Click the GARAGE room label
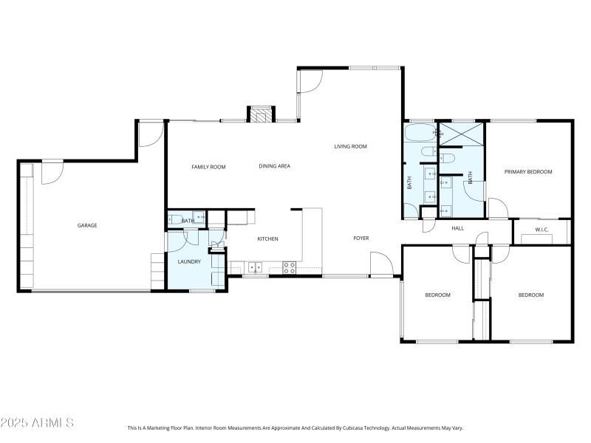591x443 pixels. point(87,225)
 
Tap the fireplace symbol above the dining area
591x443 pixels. point(259,114)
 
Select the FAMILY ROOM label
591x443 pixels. point(208,167)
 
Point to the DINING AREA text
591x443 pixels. point(274,166)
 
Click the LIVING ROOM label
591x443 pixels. point(350,146)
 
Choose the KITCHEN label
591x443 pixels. point(267,239)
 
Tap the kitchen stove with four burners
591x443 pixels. point(289,267)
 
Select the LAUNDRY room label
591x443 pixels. point(189,261)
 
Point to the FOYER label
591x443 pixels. point(361,238)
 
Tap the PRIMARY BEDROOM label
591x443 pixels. point(528,172)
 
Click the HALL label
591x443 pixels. point(458,228)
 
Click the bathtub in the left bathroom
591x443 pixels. point(420,133)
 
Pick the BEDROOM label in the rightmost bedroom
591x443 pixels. point(530,295)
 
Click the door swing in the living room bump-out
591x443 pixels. point(310,80)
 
